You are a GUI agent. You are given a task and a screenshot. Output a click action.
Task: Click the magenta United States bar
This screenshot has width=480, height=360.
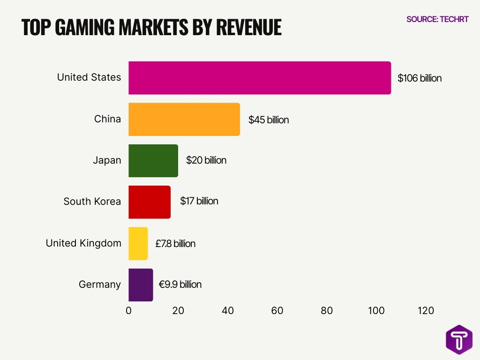260,78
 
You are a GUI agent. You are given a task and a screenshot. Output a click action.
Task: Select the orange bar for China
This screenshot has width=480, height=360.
184,120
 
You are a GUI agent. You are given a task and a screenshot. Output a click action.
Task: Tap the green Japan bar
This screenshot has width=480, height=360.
153,161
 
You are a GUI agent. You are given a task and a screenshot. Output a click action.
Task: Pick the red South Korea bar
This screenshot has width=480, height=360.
150,202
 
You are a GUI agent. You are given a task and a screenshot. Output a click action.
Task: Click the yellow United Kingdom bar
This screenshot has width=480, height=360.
138,244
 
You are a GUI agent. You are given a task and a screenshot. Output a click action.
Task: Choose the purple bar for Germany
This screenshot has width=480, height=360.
141,285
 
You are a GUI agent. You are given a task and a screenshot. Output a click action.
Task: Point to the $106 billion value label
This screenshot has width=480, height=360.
420,78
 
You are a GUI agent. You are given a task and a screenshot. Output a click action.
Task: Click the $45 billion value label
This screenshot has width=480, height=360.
269,120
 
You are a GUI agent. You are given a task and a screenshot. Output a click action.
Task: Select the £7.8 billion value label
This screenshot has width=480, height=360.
175,244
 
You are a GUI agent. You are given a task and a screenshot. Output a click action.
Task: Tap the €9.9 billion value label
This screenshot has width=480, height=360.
180,285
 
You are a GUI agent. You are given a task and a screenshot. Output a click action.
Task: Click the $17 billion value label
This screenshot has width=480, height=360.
199,201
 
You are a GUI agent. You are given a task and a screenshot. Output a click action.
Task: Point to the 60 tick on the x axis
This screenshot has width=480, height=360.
277,310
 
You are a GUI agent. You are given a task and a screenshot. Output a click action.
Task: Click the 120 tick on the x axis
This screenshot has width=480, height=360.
426,310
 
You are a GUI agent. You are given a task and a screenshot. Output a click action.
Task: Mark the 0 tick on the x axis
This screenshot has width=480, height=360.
129,310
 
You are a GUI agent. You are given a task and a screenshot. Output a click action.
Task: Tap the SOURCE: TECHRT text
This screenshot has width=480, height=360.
437,19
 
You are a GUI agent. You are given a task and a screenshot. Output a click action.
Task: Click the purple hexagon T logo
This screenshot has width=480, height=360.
459,339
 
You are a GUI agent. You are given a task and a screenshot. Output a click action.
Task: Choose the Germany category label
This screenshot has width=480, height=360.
99,285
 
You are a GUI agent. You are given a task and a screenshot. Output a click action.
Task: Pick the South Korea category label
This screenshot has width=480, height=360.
92,202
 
